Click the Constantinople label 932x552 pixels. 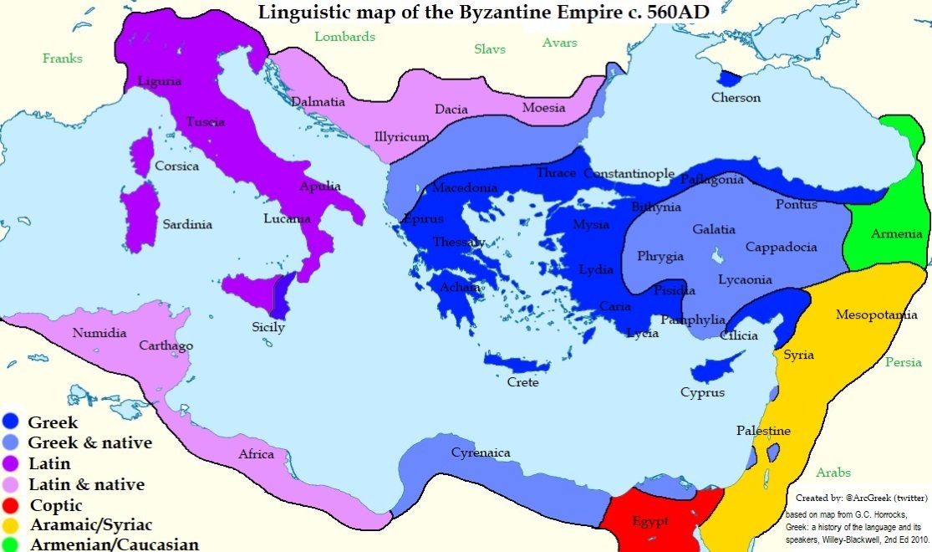pos(629,174)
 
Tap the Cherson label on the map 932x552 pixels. pos(736,98)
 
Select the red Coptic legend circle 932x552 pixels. pos(13,505)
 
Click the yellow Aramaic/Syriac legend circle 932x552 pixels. pos(13,525)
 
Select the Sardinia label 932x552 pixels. pos(187,224)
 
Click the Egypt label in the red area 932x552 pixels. pos(650,522)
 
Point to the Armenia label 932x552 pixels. pos(897,234)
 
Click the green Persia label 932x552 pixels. pos(904,362)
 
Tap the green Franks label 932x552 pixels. pos(63,59)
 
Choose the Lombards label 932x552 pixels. pos(344,37)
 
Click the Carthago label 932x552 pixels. pos(166,345)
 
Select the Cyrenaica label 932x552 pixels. pos(481,453)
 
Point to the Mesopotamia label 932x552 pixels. pos(879,315)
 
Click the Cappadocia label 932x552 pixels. pos(781,248)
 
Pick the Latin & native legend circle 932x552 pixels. pos(13,484)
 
